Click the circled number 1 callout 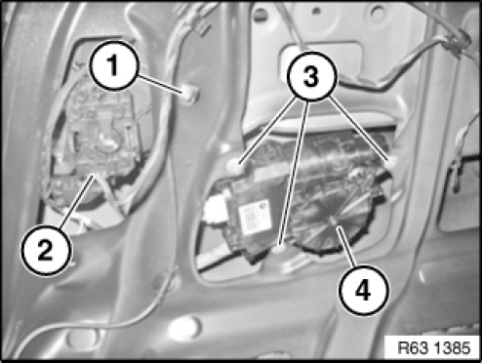(x=113, y=65)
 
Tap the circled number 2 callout (x=46, y=250)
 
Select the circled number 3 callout (x=311, y=76)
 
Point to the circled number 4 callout (x=363, y=290)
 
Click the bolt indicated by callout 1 (x=190, y=96)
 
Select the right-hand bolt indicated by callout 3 (x=392, y=163)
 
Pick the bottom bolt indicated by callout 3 (x=280, y=248)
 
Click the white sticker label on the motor (x=255, y=217)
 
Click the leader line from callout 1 (x=160, y=85)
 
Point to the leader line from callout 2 (x=77, y=200)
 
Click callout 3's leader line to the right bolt (x=358, y=128)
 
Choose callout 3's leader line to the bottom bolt (x=294, y=172)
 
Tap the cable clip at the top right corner (x=458, y=41)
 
